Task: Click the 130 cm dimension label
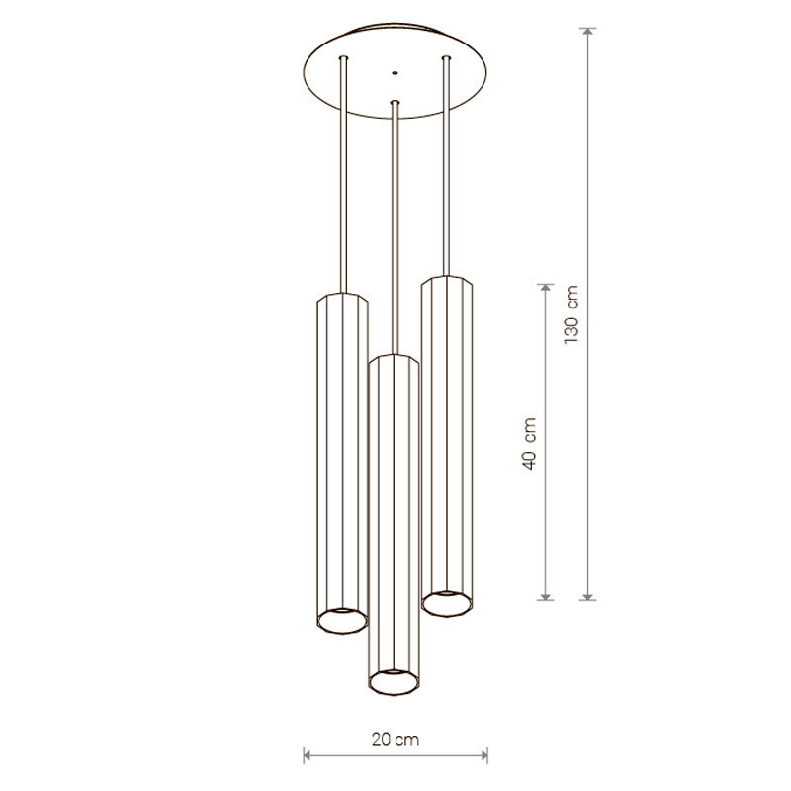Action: tap(571, 314)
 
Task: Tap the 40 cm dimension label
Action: tap(529, 443)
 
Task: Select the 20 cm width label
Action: tap(395, 739)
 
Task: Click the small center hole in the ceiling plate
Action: tap(395, 72)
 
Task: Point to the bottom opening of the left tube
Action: tap(342, 621)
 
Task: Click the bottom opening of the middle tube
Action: tap(394, 682)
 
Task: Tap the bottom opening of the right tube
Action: tap(447, 603)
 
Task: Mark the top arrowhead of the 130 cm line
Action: tap(587, 31)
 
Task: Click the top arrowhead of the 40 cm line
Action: tap(545, 288)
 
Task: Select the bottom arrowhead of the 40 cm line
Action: tap(545, 597)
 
